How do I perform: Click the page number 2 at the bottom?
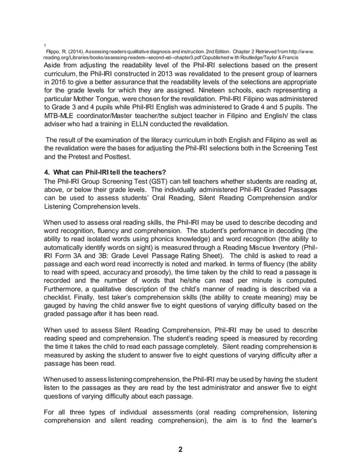180,450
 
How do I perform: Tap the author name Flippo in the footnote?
54,50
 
